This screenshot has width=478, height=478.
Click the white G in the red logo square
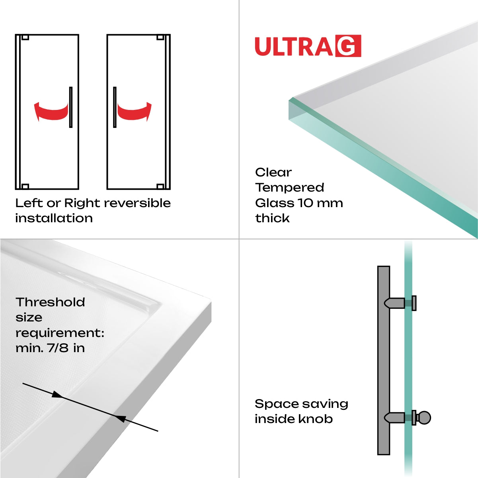[x=348, y=46]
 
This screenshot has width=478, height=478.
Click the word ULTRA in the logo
[x=294, y=47]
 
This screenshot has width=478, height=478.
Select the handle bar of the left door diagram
[x=71, y=107]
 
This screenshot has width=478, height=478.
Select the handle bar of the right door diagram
[x=115, y=107]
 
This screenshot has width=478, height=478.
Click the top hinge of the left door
[x=25, y=38]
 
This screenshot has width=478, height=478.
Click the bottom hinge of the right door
[x=160, y=186]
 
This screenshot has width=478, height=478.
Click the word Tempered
[x=290, y=188]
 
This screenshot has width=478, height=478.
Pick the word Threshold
[x=50, y=302]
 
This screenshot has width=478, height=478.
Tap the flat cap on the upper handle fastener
[x=414, y=303]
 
